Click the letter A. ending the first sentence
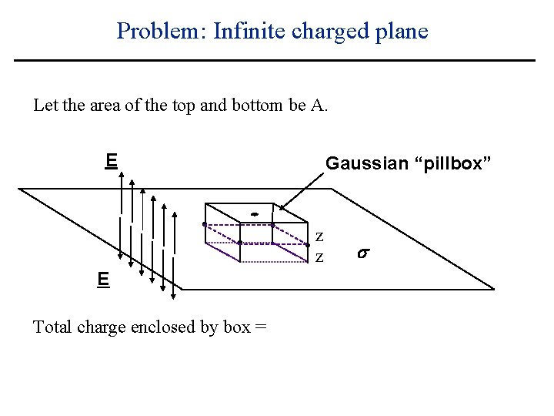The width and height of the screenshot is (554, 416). tap(320, 105)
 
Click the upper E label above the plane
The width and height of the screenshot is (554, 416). tap(111, 160)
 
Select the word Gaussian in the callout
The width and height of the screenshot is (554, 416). tap(366, 163)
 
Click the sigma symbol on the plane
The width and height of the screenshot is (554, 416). tap(363, 251)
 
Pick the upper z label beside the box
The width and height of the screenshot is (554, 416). tap(319, 236)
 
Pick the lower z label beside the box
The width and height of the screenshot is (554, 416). tap(319, 254)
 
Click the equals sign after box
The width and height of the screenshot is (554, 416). tap(262, 327)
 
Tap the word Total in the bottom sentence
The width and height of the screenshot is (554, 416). tap(52, 327)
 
